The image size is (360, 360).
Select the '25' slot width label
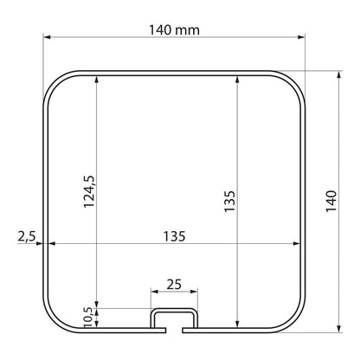coord(174,284)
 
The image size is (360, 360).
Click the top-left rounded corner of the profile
coord(53,80)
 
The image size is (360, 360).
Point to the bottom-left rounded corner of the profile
coord(53,319)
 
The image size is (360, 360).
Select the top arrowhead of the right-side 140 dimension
coord(337,74)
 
